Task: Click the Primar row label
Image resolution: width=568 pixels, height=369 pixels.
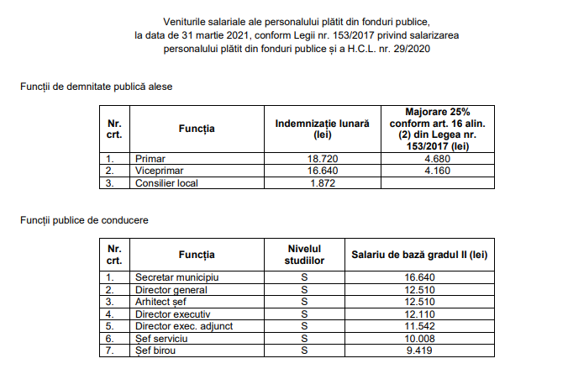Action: (151, 157)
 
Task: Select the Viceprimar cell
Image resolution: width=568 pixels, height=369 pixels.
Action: (158, 170)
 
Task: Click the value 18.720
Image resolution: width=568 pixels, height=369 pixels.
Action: (323, 157)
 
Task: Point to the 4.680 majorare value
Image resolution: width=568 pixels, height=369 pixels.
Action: (439, 157)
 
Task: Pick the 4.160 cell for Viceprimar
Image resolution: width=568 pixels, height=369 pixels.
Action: (439, 170)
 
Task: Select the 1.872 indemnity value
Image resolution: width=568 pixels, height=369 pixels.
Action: (323, 182)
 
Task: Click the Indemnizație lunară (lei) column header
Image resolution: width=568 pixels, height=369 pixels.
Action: (323, 129)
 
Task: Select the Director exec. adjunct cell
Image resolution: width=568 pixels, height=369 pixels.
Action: (183, 326)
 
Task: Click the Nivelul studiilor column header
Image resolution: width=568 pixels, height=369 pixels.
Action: (301, 254)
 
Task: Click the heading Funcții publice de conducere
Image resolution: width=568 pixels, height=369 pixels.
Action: (85, 220)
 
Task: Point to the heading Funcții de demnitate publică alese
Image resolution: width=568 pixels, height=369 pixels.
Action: (98, 87)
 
